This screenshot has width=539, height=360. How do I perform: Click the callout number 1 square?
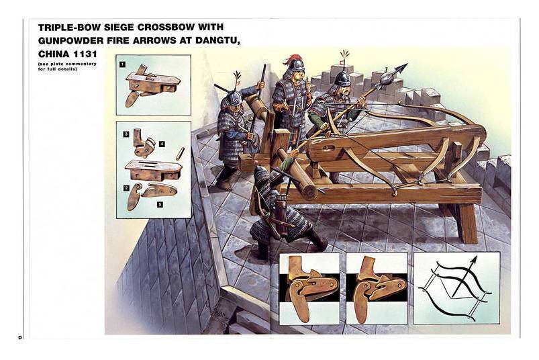point(122,64)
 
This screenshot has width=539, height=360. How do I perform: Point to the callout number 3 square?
point(126,134)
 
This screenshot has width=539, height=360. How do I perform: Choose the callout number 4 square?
point(162,144)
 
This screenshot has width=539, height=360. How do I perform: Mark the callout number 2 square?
point(126,188)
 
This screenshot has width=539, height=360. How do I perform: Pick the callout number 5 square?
point(160,205)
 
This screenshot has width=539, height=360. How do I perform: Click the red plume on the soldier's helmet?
point(290,59)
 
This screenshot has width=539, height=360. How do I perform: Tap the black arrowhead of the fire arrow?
point(401,68)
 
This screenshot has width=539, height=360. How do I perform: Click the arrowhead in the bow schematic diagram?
point(474,261)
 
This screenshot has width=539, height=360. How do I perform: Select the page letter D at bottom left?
point(20,337)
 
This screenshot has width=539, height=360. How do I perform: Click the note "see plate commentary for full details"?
point(67,66)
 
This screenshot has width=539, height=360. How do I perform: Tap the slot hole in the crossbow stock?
point(329,148)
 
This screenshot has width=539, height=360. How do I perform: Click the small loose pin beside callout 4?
point(180,153)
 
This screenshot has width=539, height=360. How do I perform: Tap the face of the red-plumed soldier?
point(299,73)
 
